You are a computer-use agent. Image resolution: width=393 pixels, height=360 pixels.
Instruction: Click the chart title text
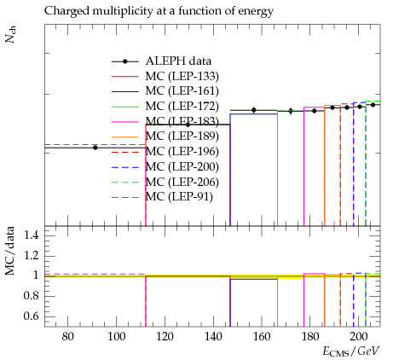[159, 11]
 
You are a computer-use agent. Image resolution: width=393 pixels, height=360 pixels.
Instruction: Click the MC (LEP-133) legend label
[182, 76]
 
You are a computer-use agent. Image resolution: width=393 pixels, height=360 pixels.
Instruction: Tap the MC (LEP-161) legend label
[182, 91]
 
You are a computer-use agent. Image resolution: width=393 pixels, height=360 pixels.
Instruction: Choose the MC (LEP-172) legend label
[182, 107]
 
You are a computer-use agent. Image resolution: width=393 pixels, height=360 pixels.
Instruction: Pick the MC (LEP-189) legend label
[182, 136]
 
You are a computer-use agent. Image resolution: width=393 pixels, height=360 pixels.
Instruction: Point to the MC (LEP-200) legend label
[182, 166]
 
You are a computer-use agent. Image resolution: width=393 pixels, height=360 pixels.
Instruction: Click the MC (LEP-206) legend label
[182, 182]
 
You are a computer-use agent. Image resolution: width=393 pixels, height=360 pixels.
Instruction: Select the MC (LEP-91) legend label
[179, 197]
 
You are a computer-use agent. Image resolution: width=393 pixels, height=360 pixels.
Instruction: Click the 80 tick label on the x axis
[67, 337]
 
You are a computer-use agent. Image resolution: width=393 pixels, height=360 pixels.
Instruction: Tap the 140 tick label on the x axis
[213, 337]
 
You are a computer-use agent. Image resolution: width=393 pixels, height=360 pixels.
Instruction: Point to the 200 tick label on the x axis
[358, 337]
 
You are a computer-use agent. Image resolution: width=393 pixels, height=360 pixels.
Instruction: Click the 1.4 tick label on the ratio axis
[31, 235]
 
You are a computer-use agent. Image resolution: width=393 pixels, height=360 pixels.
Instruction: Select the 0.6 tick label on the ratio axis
[31, 316]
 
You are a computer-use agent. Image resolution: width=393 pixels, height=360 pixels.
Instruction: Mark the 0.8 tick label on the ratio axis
[31, 296]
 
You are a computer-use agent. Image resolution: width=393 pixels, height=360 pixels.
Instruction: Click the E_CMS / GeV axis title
[351, 351]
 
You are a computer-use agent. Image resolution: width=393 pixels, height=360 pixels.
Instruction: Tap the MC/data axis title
[10, 251]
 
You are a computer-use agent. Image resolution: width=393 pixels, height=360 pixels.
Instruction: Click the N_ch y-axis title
[10, 34]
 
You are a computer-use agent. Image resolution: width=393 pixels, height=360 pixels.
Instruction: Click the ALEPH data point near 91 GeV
[95, 148]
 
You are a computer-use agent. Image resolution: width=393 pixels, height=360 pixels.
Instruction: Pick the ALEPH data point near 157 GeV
[254, 110]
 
